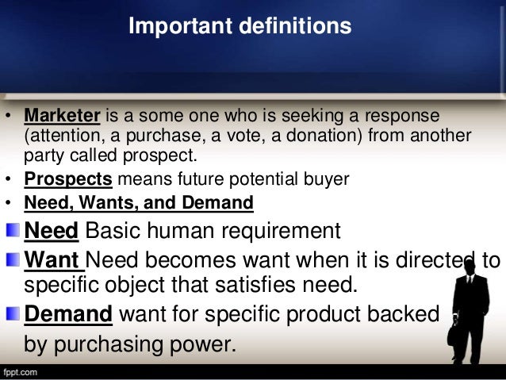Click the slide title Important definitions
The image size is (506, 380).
click(x=240, y=26)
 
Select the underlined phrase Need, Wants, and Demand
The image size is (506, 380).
click(x=139, y=203)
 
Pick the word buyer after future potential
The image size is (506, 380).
click(x=326, y=179)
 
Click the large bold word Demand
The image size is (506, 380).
click(x=69, y=314)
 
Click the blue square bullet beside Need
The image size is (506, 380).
click(x=14, y=231)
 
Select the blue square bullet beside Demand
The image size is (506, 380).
click(x=14, y=314)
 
